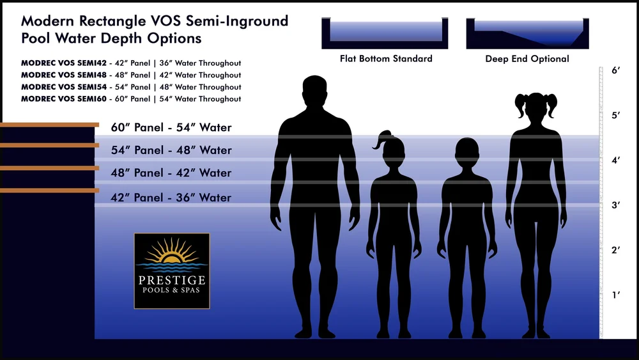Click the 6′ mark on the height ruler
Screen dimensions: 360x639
tap(616, 71)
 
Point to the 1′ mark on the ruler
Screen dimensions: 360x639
tap(616, 295)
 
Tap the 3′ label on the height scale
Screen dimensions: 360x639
tap(616, 205)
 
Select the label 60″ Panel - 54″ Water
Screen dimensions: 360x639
tap(171, 127)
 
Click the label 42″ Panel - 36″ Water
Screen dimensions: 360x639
tap(171, 198)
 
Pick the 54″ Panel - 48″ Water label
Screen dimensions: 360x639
tap(171, 150)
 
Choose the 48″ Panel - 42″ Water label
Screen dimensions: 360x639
tap(171, 173)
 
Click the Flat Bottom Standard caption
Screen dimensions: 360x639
tap(385, 59)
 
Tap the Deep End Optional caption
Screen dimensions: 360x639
tap(527, 59)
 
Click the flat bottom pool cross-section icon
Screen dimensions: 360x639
tap(385, 33)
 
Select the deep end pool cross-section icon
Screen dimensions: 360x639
tap(527, 33)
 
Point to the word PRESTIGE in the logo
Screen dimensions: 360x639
tap(171, 280)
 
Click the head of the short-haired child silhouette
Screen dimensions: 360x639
tap(466, 153)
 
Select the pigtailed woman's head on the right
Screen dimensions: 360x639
tap(535, 109)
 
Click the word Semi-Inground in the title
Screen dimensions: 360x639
tap(238, 21)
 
